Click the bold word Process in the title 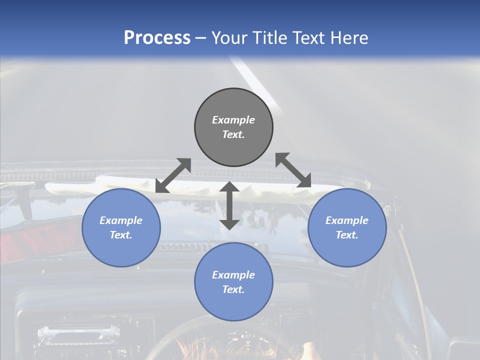click(x=157, y=38)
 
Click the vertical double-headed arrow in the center click(x=229, y=205)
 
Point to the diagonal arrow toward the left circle click(x=173, y=175)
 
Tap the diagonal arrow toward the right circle click(x=293, y=170)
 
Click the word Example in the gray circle click(x=233, y=120)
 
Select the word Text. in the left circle click(x=121, y=235)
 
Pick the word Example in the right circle click(x=347, y=220)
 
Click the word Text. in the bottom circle click(x=233, y=289)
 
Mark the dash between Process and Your click(x=200, y=38)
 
